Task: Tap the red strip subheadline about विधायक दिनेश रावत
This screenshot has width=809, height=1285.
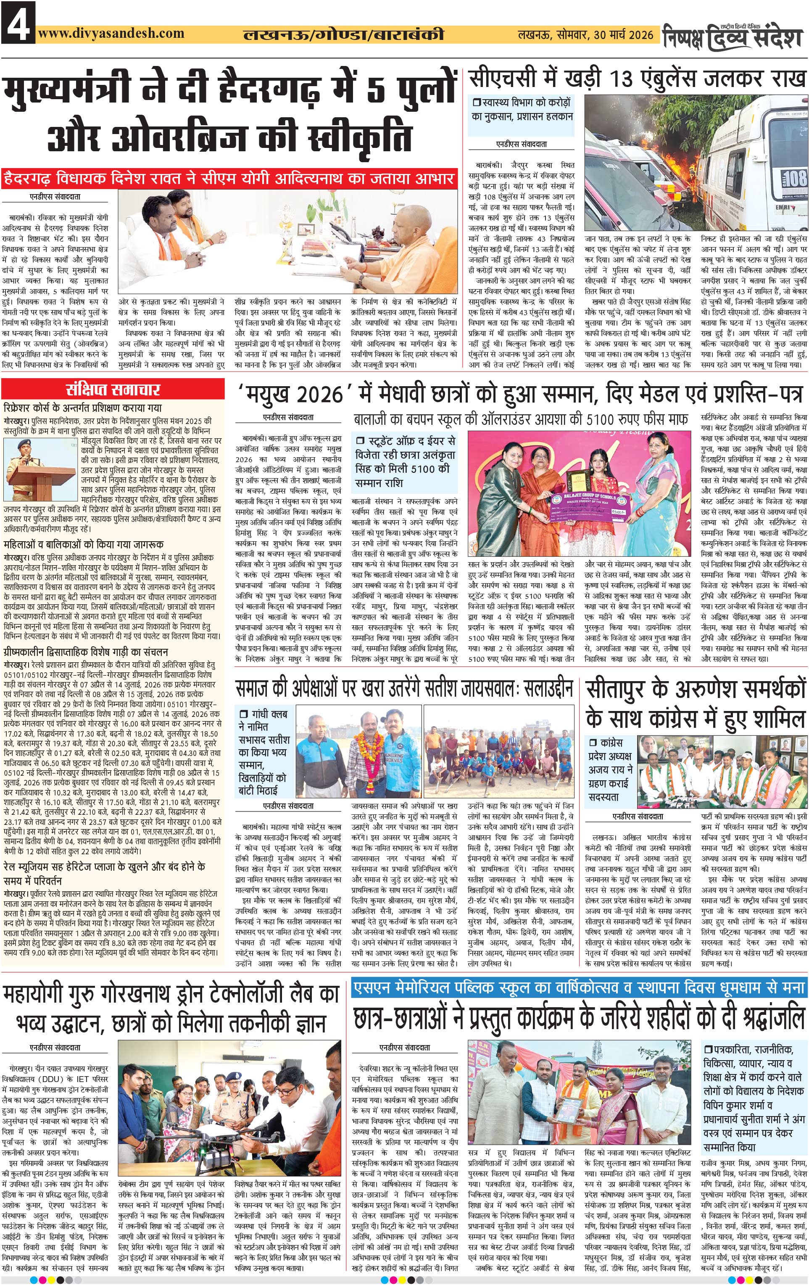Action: coord(229,178)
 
